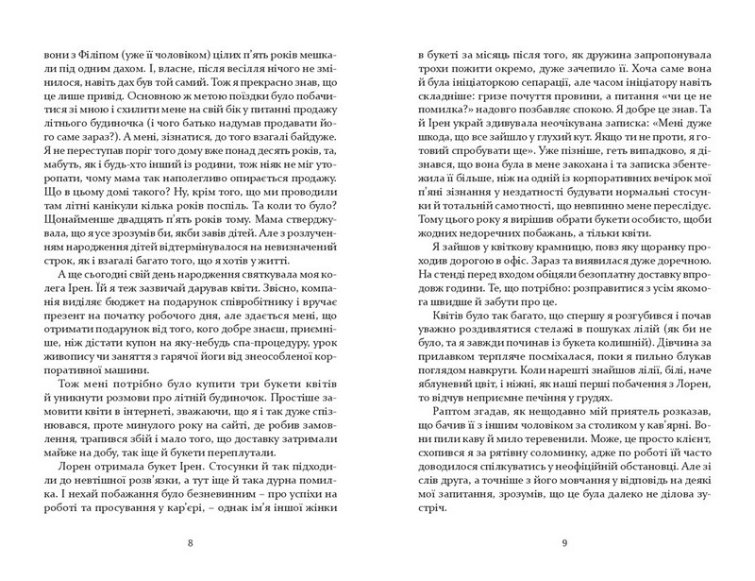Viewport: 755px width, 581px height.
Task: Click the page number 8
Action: point(193,542)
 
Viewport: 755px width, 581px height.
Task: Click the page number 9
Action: point(562,542)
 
